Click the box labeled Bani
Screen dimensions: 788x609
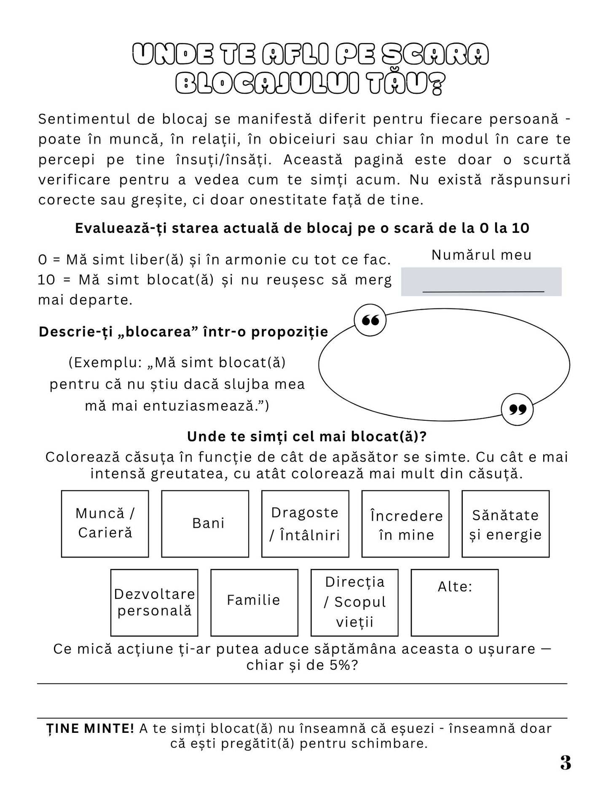(x=205, y=524)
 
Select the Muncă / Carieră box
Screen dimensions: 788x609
(x=105, y=524)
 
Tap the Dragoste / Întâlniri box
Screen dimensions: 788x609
(x=305, y=524)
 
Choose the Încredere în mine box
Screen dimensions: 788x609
(x=405, y=524)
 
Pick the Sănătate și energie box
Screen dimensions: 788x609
(x=505, y=524)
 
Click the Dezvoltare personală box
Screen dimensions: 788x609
(x=154, y=602)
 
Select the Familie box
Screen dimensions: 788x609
(x=254, y=602)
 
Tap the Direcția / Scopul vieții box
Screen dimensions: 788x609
(x=354, y=602)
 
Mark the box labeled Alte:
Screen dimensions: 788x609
(x=454, y=602)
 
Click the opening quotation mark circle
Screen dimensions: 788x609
(x=370, y=321)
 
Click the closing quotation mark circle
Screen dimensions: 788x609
(x=517, y=409)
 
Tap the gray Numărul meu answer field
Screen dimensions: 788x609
(x=481, y=281)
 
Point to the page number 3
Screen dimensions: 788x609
(x=566, y=762)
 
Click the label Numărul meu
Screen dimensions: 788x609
(x=481, y=255)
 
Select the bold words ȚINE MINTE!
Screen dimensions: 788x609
(x=90, y=728)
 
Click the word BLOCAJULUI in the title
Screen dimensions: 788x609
(x=267, y=83)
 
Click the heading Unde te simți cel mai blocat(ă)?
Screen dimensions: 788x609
(x=307, y=436)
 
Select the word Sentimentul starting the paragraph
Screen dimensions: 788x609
(x=84, y=119)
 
